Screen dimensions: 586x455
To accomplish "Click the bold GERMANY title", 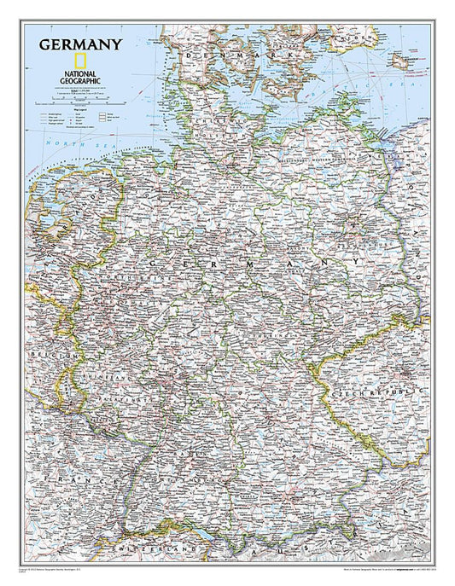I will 79,44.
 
